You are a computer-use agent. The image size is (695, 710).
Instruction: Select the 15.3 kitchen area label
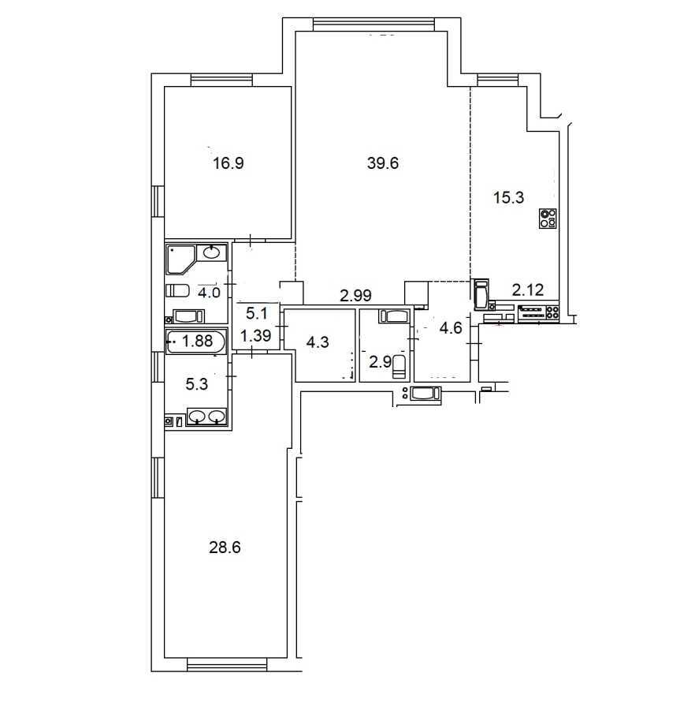(507, 198)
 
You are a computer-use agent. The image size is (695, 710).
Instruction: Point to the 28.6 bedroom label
(225, 547)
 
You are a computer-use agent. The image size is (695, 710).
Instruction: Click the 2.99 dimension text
(355, 296)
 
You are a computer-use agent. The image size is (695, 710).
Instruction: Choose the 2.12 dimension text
(528, 290)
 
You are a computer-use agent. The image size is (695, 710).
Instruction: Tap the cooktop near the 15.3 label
(548, 219)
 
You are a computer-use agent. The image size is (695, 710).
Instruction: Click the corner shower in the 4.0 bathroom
(179, 258)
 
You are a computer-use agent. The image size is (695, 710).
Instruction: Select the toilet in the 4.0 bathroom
(178, 290)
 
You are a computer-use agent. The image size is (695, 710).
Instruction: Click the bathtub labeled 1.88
(196, 342)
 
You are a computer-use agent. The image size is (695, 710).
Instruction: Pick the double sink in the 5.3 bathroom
(207, 416)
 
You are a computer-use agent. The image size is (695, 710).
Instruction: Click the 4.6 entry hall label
(451, 329)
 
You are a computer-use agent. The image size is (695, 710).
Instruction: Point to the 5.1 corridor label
(257, 312)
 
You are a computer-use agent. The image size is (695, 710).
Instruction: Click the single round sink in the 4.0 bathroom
(212, 253)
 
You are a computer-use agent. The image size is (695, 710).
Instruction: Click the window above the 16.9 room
(221, 79)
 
